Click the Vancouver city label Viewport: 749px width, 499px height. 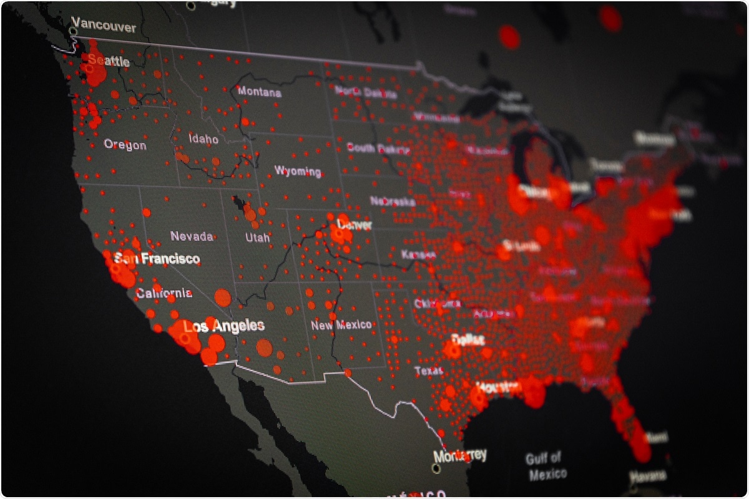pos(104,27)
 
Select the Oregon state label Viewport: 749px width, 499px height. pos(125,145)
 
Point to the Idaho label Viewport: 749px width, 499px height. pos(203,138)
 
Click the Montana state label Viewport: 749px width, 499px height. pos(259,92)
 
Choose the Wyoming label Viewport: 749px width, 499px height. pos(298,171)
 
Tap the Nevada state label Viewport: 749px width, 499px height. pos(192,236)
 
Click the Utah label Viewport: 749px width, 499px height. pos(257,237)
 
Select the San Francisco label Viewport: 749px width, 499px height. pos(157,258)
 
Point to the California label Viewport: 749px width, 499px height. pos(164,293)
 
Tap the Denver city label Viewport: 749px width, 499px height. pos(354,224)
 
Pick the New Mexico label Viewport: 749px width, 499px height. pos(341,325)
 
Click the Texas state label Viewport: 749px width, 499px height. pos(428,371)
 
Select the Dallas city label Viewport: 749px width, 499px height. pos(468,340)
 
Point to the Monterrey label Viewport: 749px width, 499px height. pos(460,455)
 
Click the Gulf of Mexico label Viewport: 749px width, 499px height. pos(545,466)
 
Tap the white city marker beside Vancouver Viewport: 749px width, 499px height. pos(74,30)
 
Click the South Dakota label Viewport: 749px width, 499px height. pos(378,148)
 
